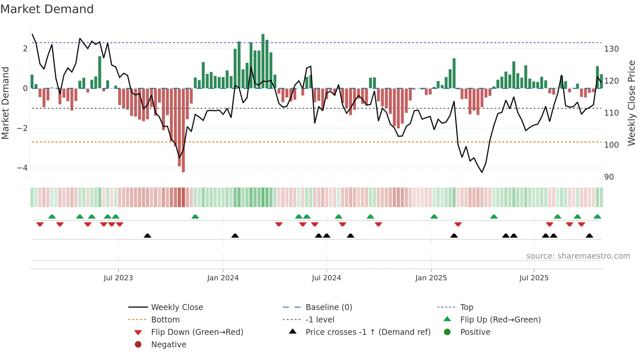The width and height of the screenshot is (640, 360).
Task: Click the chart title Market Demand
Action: click(47, 9)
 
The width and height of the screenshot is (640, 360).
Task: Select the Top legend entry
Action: click(466, 307)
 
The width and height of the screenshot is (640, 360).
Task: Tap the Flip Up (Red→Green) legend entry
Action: click(500, 319)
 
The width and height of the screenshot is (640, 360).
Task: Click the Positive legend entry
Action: click(475, 332)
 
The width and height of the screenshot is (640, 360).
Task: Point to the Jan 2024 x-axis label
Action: click(223, 278)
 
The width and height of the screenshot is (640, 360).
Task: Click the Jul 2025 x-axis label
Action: click(534, 278)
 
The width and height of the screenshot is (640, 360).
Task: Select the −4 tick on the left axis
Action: click(23, 168)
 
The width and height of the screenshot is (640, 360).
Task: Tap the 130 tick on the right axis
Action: click(611, 49)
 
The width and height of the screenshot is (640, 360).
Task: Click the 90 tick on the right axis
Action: click(609, 177)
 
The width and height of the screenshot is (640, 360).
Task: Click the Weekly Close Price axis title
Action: click(632, 103)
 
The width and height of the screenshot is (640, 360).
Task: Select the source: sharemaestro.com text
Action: click(578, 256)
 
